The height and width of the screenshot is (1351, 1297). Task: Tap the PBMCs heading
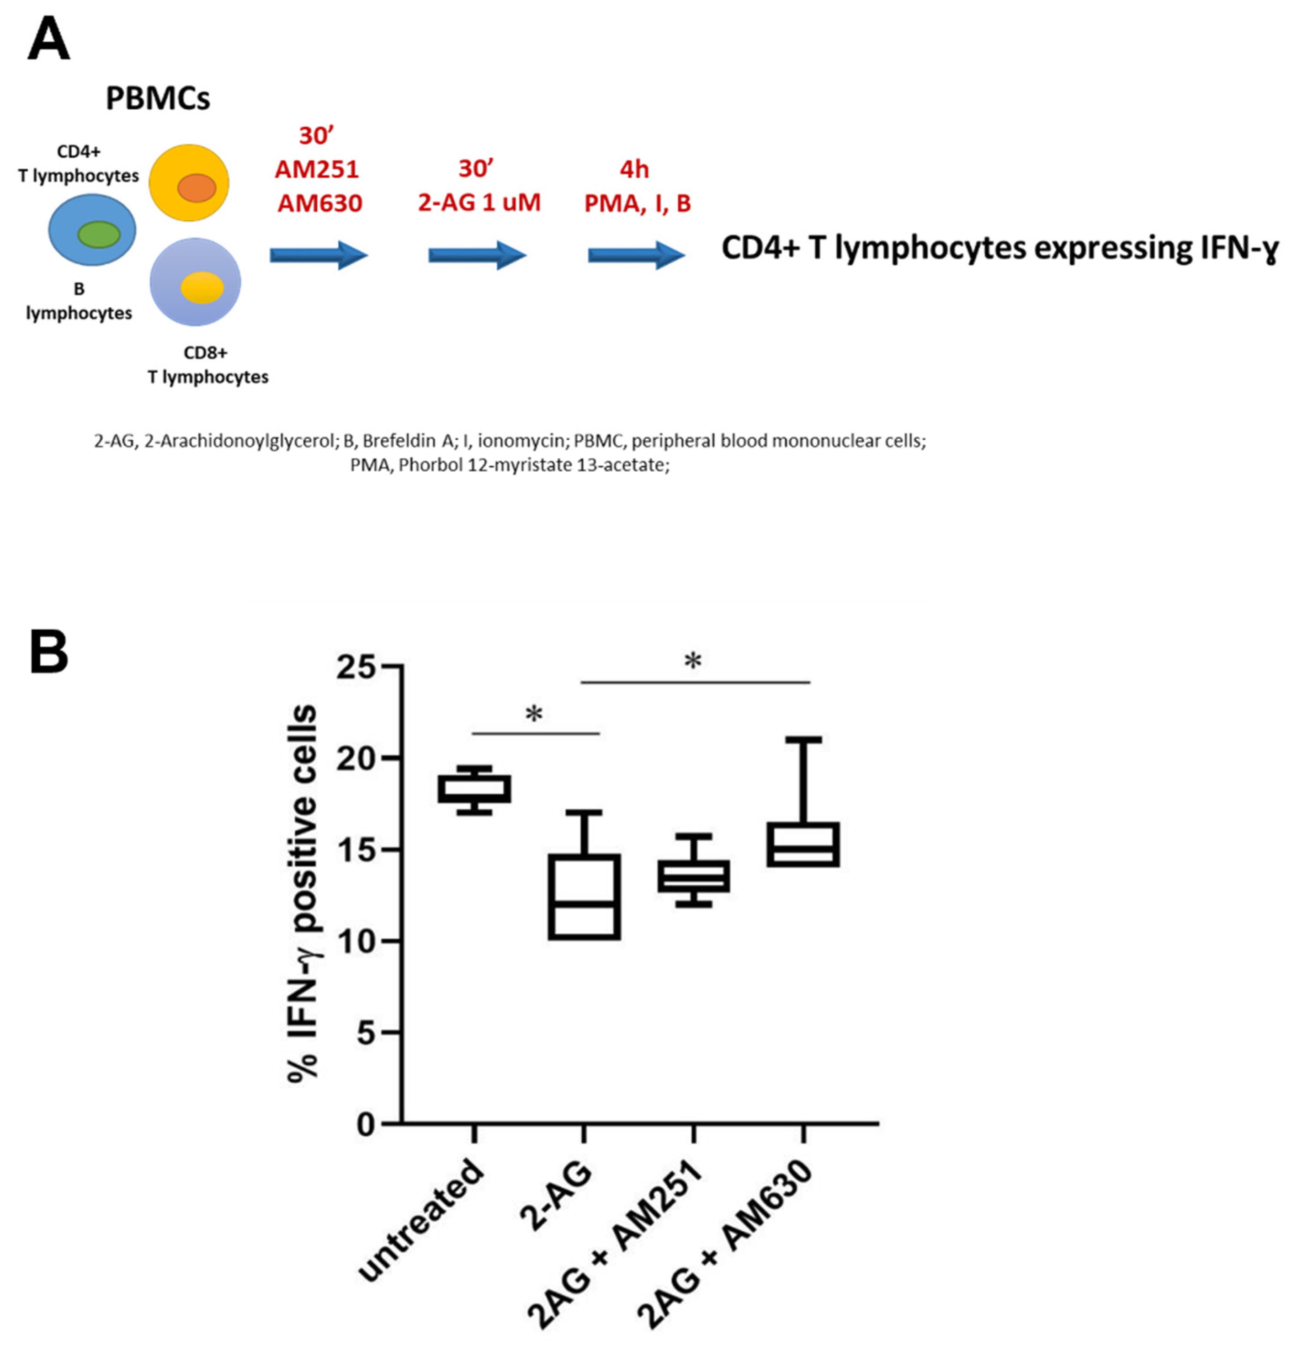[x=157, y=99]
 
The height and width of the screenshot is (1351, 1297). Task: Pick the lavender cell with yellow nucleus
[x=195, y=282]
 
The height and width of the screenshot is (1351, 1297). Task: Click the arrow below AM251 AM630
[x=319, y=256]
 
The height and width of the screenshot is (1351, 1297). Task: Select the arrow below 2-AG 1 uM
[x=477, y=256]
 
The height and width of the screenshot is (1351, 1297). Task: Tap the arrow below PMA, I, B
[x=635, y=256]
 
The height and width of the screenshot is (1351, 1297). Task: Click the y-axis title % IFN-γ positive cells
[x=303, y=896]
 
